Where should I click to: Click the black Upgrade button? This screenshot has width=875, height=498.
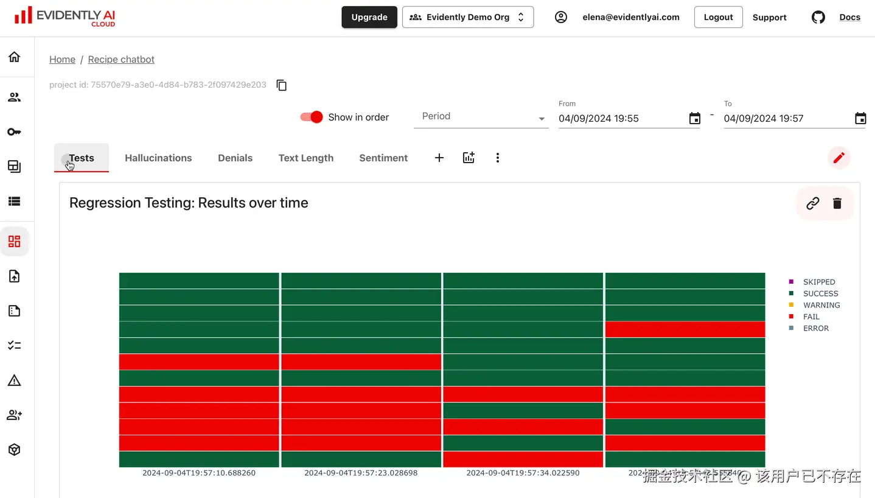(x=369, y=17)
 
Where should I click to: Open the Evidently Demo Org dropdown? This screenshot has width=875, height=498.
(x=467, y=17)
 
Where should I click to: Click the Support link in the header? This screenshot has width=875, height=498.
(x=769, y=17)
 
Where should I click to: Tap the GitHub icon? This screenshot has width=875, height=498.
(x=818, y=17)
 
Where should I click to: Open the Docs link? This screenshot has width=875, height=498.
(x=849, y=17)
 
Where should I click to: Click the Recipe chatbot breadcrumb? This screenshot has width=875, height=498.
(x=121, y=59)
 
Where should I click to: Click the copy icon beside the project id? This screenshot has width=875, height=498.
(x=281, y=85)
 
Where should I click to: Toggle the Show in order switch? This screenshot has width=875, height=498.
(x=312, y=117)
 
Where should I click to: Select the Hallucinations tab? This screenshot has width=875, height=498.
(x=158, y=158)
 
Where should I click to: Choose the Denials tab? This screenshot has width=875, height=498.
(x=235, y=158)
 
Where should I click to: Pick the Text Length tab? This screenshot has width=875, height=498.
(x=305, y=158)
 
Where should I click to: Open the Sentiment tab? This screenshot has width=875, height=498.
(x=383, y=158)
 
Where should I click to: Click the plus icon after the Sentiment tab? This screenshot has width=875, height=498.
(x=439, y=158)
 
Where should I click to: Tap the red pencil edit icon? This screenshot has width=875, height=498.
(x=838, y=158)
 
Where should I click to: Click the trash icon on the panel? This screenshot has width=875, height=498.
(x=837, y=203)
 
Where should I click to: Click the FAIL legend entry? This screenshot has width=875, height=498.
(x=811, y=317)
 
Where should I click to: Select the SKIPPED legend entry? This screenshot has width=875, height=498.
(x=818, y=282)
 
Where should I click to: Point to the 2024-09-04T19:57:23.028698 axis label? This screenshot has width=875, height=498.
(x=361, y=472)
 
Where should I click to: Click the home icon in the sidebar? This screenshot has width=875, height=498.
(x=15, y=57)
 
